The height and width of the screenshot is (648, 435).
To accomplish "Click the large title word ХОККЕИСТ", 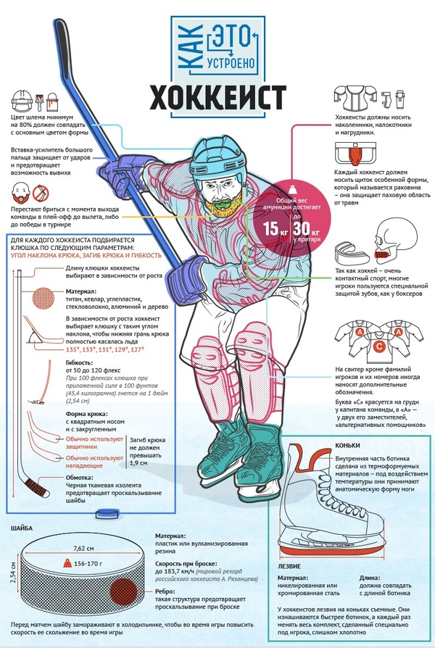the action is [x=217, y=98].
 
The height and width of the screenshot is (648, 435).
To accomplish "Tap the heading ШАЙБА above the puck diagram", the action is [x=22, y=528].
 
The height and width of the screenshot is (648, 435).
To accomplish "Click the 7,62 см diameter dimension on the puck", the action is [x=83, y=549].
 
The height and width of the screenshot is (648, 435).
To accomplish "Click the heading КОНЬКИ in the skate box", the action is [x=347, y=446].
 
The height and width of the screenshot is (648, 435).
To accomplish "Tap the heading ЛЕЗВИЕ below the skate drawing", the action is [x=289, y=566].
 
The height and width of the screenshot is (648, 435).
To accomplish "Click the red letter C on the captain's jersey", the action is [x=378, y=346].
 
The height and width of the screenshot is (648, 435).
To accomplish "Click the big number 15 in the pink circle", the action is [x=271, y=228].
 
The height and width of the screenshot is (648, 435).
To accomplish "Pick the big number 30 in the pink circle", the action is [x=302, y=228].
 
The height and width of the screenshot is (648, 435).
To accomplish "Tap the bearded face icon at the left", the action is [x=21, y=193].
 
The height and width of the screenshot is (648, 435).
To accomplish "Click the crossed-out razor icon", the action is [x=41, y=193].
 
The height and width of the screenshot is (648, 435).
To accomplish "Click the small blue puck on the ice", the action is [x=107, y=514].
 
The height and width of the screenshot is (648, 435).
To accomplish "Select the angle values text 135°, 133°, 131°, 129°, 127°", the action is [x=105, y=349].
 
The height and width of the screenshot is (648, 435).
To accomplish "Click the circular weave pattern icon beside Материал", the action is [x=43, y=298].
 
